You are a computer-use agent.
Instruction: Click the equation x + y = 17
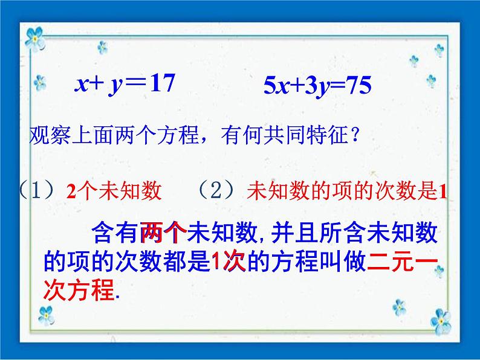tap(125, 84)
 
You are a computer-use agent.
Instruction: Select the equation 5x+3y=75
tap(317, 86)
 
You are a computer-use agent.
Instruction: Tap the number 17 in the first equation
tap(163, 83)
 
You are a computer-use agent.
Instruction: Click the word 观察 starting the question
tap(50, 135)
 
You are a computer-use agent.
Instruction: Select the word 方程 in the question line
tap(178, 135)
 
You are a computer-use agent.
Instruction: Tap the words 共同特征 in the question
tap(305, 135)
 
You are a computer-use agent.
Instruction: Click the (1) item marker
tap(36, 190)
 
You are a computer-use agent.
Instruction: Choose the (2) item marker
tap(216, 190)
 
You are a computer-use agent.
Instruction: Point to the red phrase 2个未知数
tap(114, 191)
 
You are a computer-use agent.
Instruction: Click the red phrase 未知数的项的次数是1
tap(347, 191)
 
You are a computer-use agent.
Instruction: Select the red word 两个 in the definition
tap(164, 233)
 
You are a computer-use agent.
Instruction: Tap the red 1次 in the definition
tap(229, 261)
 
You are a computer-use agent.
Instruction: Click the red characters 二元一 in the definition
tap(403, 261)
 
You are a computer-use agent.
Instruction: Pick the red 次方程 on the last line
tap(79, 290)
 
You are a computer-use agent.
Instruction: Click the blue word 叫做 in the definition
tap(343, 261)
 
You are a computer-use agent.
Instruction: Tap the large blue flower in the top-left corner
tap(35, 39)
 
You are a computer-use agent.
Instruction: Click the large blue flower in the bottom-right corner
tap(441, 321)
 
